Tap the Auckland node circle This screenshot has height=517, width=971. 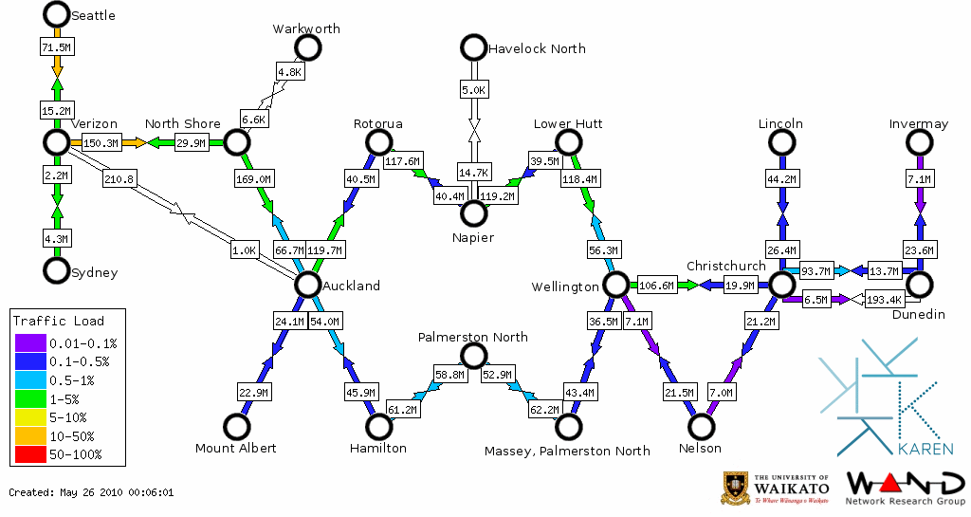(x=306, y=284)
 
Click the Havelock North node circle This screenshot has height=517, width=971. (x=472, y=46)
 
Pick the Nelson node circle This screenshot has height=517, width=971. (x=701, y=428)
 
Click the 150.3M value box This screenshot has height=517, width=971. (x=101, y=143)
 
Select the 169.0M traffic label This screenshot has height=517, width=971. (x=252, y=177)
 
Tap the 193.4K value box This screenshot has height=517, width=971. (x=884, y=301)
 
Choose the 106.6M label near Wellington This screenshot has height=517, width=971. (x=657, y=286)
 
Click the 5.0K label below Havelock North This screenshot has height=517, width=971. (x=473, y=90)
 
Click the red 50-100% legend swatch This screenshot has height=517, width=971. (x=31, y=455)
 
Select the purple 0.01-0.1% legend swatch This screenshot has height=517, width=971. (x=31, y=343)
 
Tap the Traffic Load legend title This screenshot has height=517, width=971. (x=59, y=321)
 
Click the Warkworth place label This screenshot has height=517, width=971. (x=305, y=29)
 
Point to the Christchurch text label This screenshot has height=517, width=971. (x=725, y=267)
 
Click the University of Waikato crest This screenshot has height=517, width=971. (x=737, y=488)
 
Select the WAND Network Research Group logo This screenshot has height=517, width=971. (x=904, y=488)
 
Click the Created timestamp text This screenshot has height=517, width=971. (x=91, y=492)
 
